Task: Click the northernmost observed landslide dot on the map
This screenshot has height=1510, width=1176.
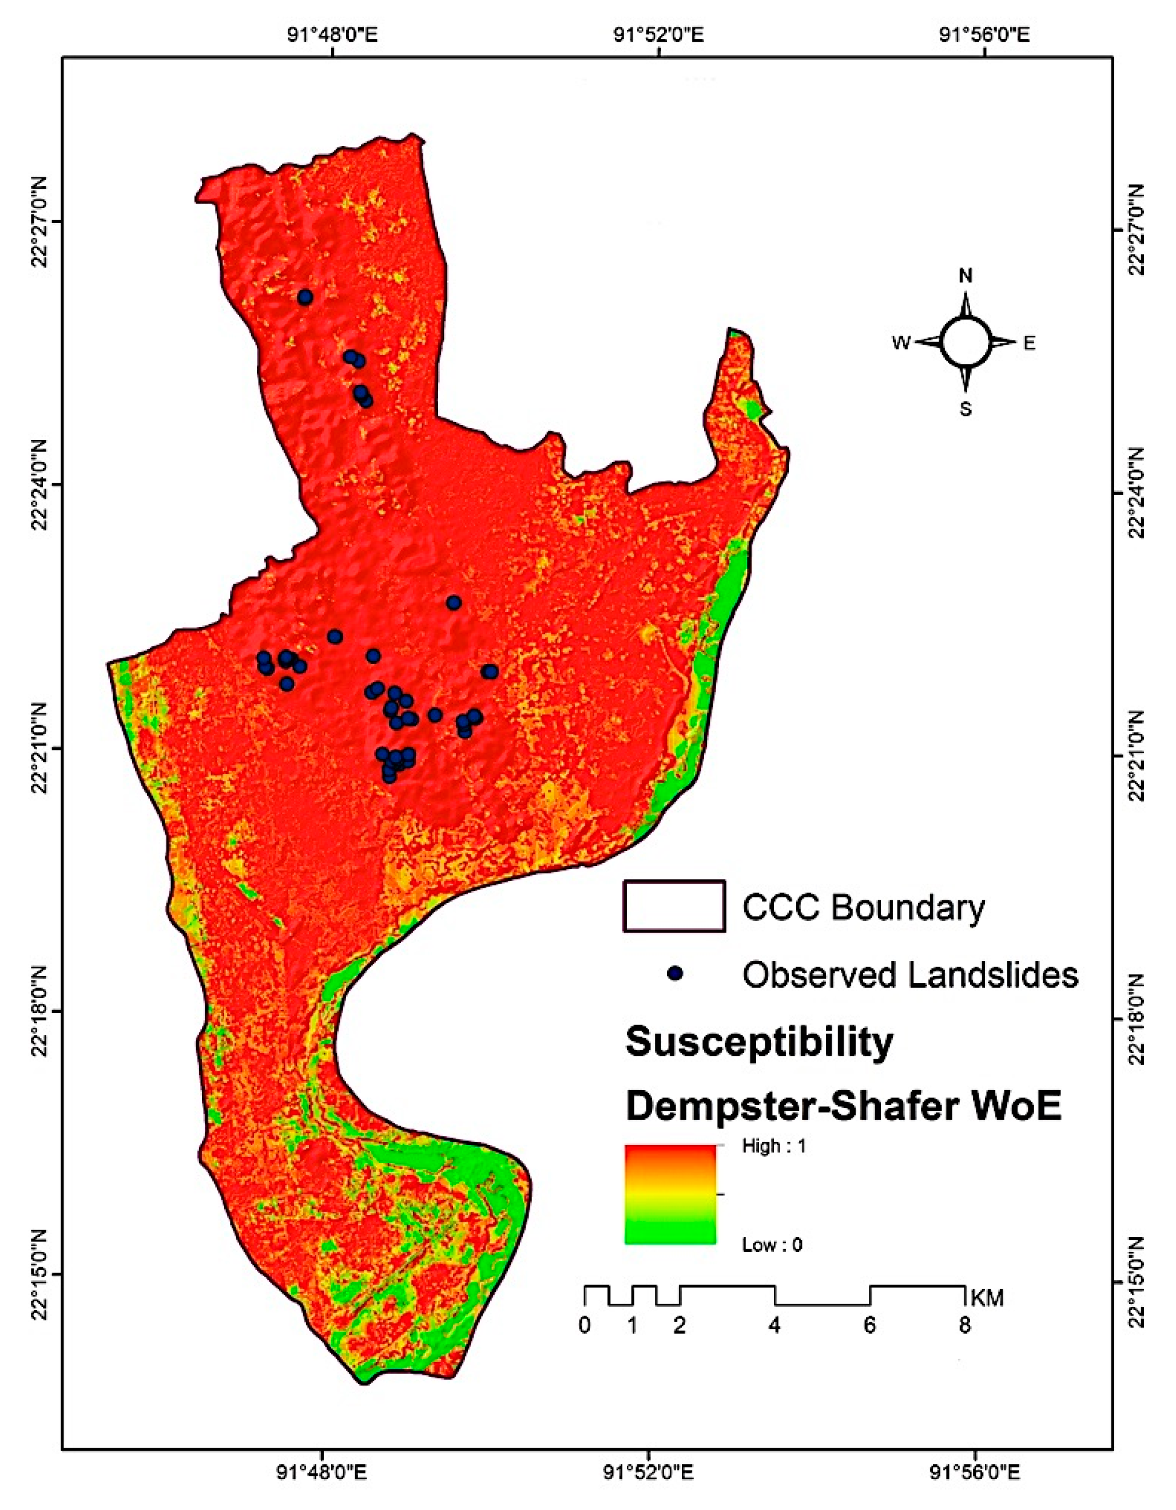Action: coord(305,297)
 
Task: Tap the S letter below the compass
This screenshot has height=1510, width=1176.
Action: coord(965,410)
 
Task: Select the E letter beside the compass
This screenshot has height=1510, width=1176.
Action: coord(1030,343)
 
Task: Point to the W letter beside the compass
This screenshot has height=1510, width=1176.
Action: coord(901,343)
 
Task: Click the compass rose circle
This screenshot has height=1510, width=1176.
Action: coord(965,343)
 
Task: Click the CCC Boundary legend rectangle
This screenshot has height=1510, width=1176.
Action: coord(674,907)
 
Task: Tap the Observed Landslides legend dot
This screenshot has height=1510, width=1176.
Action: coord(675,973)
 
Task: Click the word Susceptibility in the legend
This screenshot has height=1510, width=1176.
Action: coord(759,1042)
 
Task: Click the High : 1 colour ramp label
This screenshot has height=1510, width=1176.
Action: coord(774,1146)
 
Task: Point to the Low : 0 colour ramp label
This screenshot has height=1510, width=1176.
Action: coord(772,1246)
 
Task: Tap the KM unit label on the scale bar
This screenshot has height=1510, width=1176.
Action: coord(987,1298)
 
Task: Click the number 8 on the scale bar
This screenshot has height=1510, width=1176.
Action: coord(964,1326)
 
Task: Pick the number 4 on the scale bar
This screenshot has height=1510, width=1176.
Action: coord(774,1326)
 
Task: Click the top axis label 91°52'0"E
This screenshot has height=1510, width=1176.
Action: coord(659,34)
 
